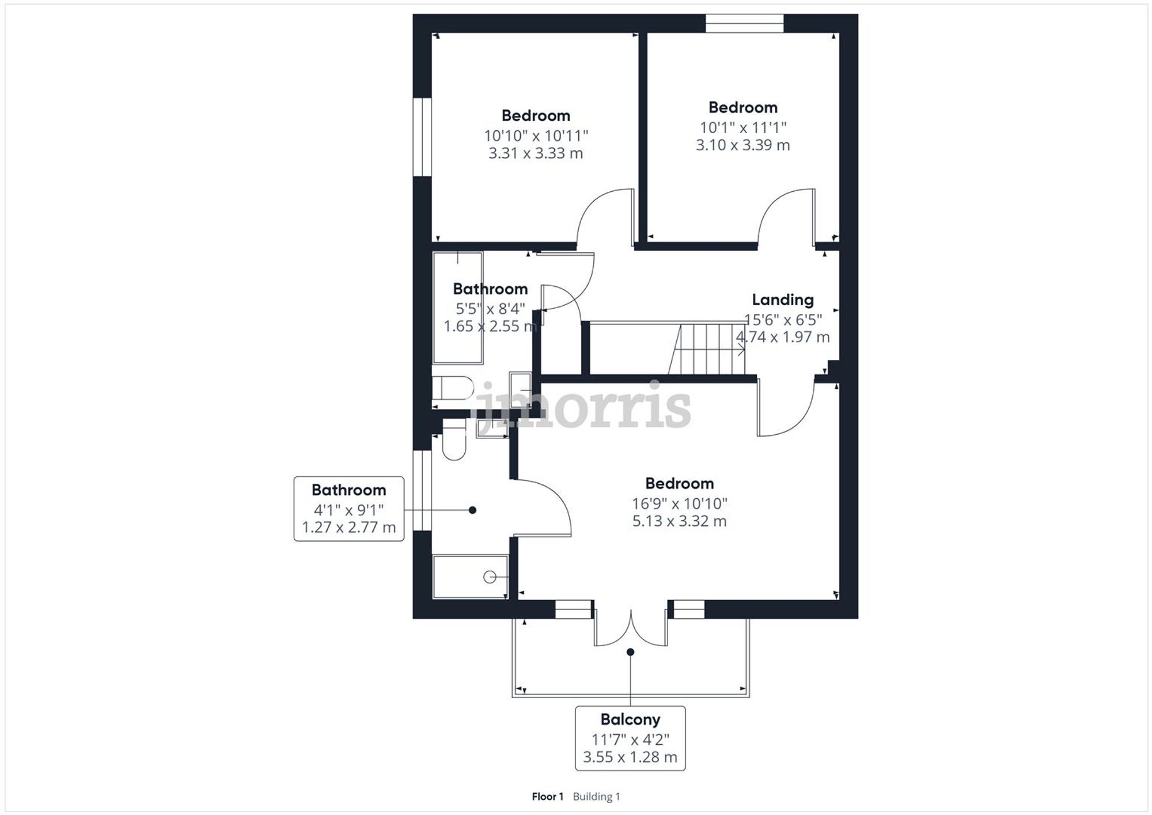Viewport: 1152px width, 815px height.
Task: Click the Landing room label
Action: pyautogui.click(x=782, y=300)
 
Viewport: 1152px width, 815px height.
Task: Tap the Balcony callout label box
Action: pyautogui.click(x=630, y=738)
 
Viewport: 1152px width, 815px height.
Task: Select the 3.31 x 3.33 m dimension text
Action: pyautogui.click(x=536, y=154)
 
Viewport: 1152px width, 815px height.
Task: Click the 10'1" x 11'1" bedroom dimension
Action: pyautogui.click(x=742, y=127)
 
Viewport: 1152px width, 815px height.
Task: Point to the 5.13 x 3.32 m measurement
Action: pyautogui.click(x=679, y=521)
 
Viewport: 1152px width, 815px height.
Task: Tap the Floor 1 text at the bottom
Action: pyautogui.click(x=547, y=797)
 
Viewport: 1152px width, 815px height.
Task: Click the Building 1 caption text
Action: pyautogui.click(x=596, y=797)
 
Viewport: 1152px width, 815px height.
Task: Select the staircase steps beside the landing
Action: pyautogui.click(x=708, y=348)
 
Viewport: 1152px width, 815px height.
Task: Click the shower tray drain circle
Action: pyautogui.click(x=490, y=577)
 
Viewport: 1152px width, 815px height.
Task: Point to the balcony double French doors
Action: pyautogui.click(x=631, y=628)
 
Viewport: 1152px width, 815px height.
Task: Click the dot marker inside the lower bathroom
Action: pyautogui.click(x=472, y=510)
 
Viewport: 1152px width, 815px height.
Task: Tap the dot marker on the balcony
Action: pyautogui.click(x=630, y=652)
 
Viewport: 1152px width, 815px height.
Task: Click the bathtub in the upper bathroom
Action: pyautogui.click(x=458, y=308)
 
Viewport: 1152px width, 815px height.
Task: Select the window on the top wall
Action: pyautogui.click(x=744, y=23)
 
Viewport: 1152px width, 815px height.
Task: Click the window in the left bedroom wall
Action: pyautogui.click(x=422, y=137)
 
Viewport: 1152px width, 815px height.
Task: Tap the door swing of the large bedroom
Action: pyautogui.click(x=786, y=409)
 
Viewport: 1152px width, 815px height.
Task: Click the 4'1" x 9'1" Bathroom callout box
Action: pyautogui.click(x=348, y=509)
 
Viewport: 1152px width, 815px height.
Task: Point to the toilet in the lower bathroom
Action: pyautogui.click(x=454, y=441)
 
